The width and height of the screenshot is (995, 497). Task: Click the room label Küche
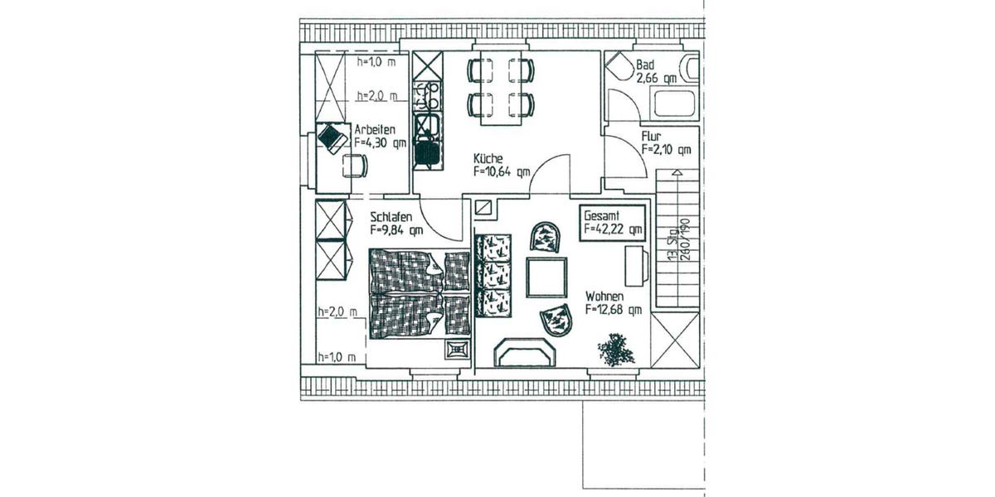point(488,158)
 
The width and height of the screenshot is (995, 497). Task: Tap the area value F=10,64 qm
point(501,172)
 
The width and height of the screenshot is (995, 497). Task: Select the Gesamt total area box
point(613,221)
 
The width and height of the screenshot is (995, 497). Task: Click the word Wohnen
point(604,296)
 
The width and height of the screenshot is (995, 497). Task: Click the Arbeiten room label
point(375,130)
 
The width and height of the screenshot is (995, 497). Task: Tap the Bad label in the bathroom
point(645,65)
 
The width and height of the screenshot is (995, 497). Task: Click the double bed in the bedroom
point(418,293)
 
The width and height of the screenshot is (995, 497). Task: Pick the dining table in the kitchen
point(501,86)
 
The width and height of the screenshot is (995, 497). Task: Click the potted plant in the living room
point(614,349)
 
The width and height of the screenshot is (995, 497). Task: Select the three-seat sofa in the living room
point(495,273)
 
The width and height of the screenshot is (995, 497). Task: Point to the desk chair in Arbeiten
point(355,166)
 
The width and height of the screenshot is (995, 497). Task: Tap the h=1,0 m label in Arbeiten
point(376,62)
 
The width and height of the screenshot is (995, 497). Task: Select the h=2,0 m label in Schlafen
point(337,311)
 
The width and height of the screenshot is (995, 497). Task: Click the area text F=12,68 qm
point(613,311)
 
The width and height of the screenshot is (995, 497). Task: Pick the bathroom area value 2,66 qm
point(656,78)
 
